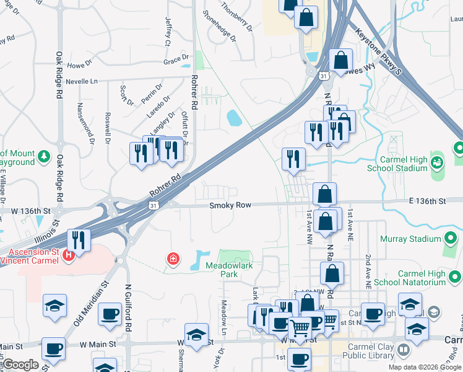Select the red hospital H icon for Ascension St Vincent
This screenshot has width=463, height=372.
69,254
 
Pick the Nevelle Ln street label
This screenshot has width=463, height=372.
82,81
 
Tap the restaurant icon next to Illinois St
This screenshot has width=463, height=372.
79,239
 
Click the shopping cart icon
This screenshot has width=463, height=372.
300,327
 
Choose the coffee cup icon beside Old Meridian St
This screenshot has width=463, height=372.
110,314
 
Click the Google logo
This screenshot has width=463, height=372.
21,365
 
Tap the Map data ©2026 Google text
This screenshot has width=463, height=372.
425,367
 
